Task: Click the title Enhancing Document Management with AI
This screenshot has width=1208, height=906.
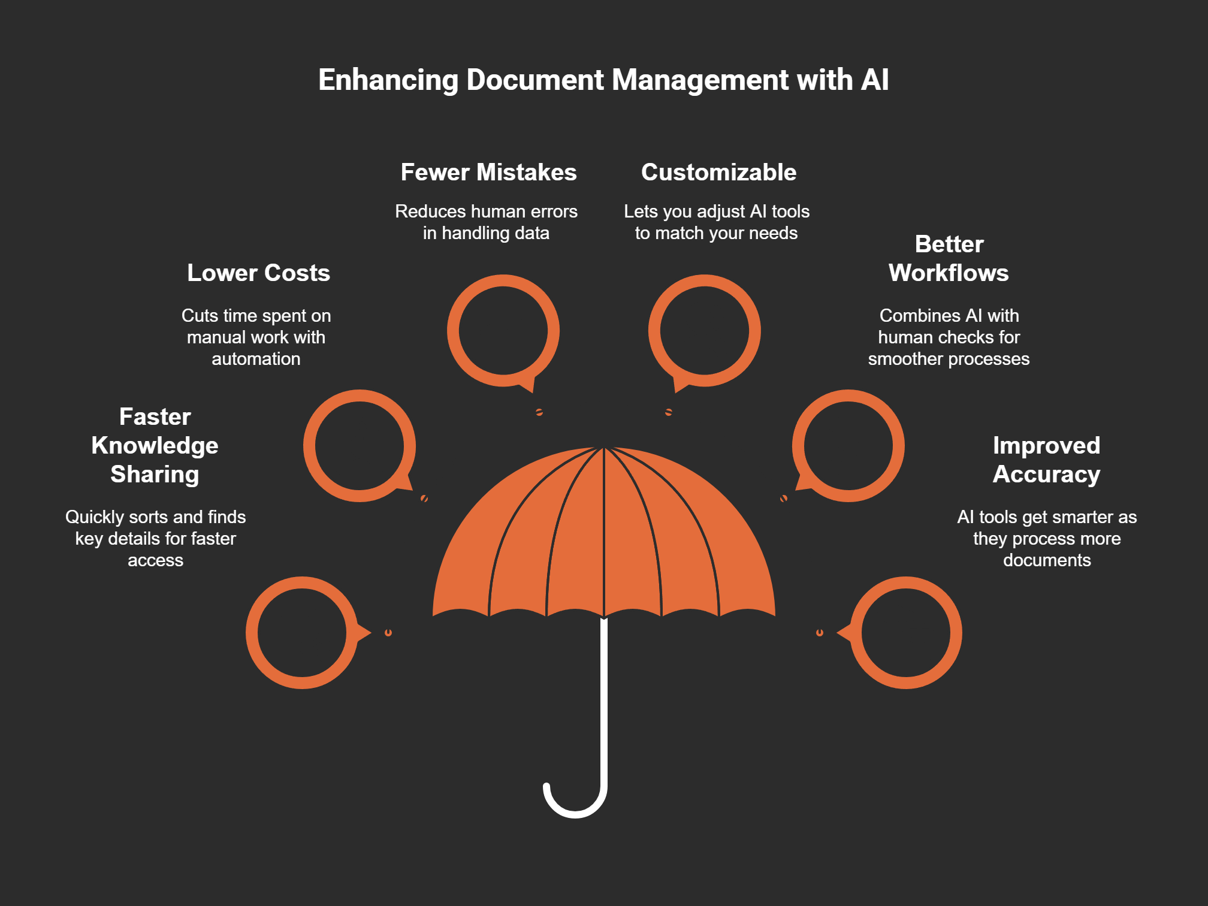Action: tap(603, 80)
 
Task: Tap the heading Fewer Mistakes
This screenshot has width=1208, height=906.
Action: tap(488, 173)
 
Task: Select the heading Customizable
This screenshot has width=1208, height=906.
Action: tap(718, 173)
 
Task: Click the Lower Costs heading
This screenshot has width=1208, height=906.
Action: tap(258, 273)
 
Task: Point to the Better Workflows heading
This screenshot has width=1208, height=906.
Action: tap(949, 259)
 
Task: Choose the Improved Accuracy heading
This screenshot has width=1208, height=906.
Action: tap(1046, 460)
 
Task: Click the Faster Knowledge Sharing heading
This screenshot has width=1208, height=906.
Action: tap(155, 445)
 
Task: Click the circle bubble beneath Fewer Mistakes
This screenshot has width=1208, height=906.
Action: tap(503, 331)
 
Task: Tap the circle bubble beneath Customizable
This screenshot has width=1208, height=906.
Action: tap(705, 331)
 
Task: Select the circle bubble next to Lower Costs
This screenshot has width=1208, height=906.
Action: tap(360, 446)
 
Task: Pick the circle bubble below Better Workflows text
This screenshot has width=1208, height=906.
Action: tap(848, 446)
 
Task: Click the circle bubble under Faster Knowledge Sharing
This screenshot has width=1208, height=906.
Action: tap(302, 633)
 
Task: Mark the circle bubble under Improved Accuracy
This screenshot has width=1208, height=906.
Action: tap(906, 633)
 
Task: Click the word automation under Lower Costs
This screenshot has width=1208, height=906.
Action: tap(256, 359)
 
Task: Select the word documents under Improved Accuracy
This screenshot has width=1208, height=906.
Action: tap(1047, 560)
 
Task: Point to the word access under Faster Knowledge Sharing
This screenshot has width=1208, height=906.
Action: tap(155, 560)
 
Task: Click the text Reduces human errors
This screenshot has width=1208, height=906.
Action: tap(486, 212)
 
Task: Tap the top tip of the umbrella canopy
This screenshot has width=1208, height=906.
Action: tap(604, 449)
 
